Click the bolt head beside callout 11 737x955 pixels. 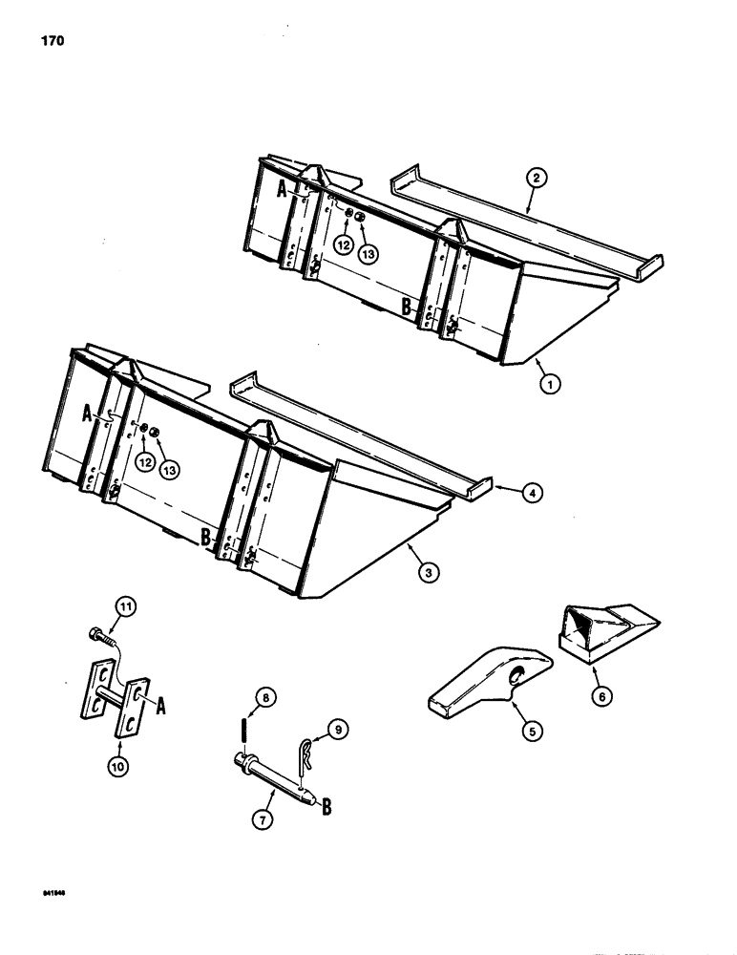98,633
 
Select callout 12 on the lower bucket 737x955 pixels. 146,462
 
